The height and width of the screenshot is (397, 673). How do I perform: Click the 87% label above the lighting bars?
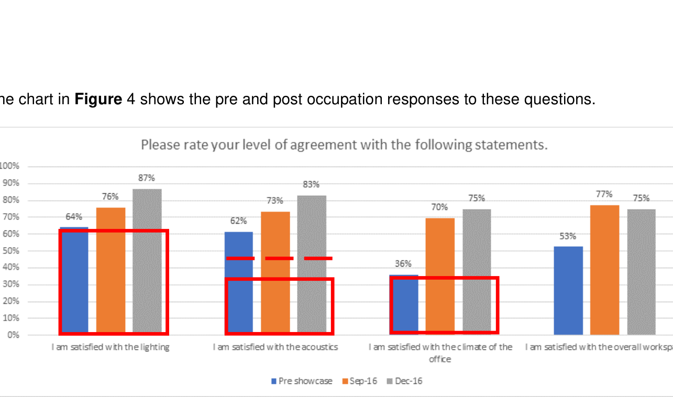pyautogui.click(x=147, y=178)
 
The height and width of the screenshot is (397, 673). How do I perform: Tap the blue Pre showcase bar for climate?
pyautogui.click(x=404, y=304)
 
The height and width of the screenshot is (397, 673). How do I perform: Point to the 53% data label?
pyautogui.click(x=568, y=236)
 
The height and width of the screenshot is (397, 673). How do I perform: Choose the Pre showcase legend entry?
pyautogui.click(x=302, y=381)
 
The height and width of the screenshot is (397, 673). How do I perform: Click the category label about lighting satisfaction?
pyautogui.click(x=111, y=347)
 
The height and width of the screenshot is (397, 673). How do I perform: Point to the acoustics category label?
pyautogui.click(x=275, y=347)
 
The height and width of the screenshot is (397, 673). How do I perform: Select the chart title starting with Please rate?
pyautogui.click(x=344, y=145)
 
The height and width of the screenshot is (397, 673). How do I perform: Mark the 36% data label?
pyautogui.click(x=403, y=264)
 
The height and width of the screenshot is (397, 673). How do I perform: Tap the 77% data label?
pyautogui.click(x=604, y=194)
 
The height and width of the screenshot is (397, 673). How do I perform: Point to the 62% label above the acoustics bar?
pyautogui.click(x=238, y=221)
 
